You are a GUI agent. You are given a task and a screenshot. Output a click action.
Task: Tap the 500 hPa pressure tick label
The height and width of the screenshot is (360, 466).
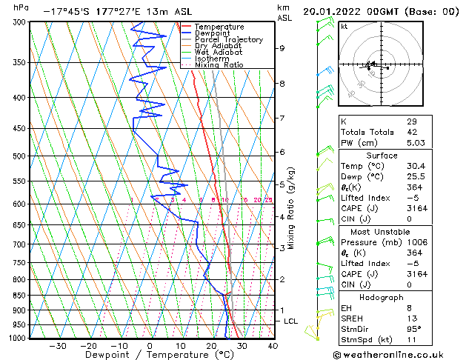click(19, 156)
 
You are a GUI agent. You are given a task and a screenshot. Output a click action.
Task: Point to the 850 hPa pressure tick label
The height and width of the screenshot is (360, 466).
click(19, 296)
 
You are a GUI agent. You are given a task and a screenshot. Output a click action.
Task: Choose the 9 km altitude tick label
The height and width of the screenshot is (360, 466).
click(282, 48)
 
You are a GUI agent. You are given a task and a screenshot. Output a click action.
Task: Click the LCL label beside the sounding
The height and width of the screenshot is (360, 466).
click(291, 321)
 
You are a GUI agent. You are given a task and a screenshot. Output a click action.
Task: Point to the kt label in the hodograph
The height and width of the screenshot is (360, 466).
click(344, 27)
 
